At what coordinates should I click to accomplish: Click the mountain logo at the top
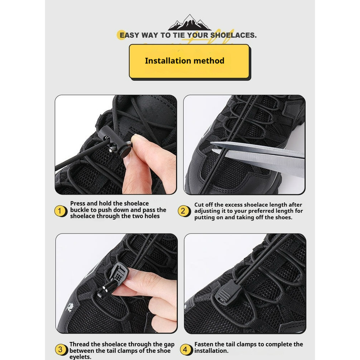[189, 22]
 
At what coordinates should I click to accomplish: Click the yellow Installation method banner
[189, 61]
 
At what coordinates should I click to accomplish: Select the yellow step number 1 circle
[60, 211]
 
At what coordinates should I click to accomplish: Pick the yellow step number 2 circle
[184, 211]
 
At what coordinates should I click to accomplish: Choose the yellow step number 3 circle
[61, 350]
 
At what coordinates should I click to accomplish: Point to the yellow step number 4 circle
[185, 350]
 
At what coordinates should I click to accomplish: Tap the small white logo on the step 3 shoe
[70, 307]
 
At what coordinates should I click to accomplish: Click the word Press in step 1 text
[78, 203]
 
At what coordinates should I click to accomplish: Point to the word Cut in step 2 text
[199, 205]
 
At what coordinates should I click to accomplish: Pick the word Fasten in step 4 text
[204, 344]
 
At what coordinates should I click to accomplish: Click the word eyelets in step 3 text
[80, 357]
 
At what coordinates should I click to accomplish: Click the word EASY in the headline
[130, 35]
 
